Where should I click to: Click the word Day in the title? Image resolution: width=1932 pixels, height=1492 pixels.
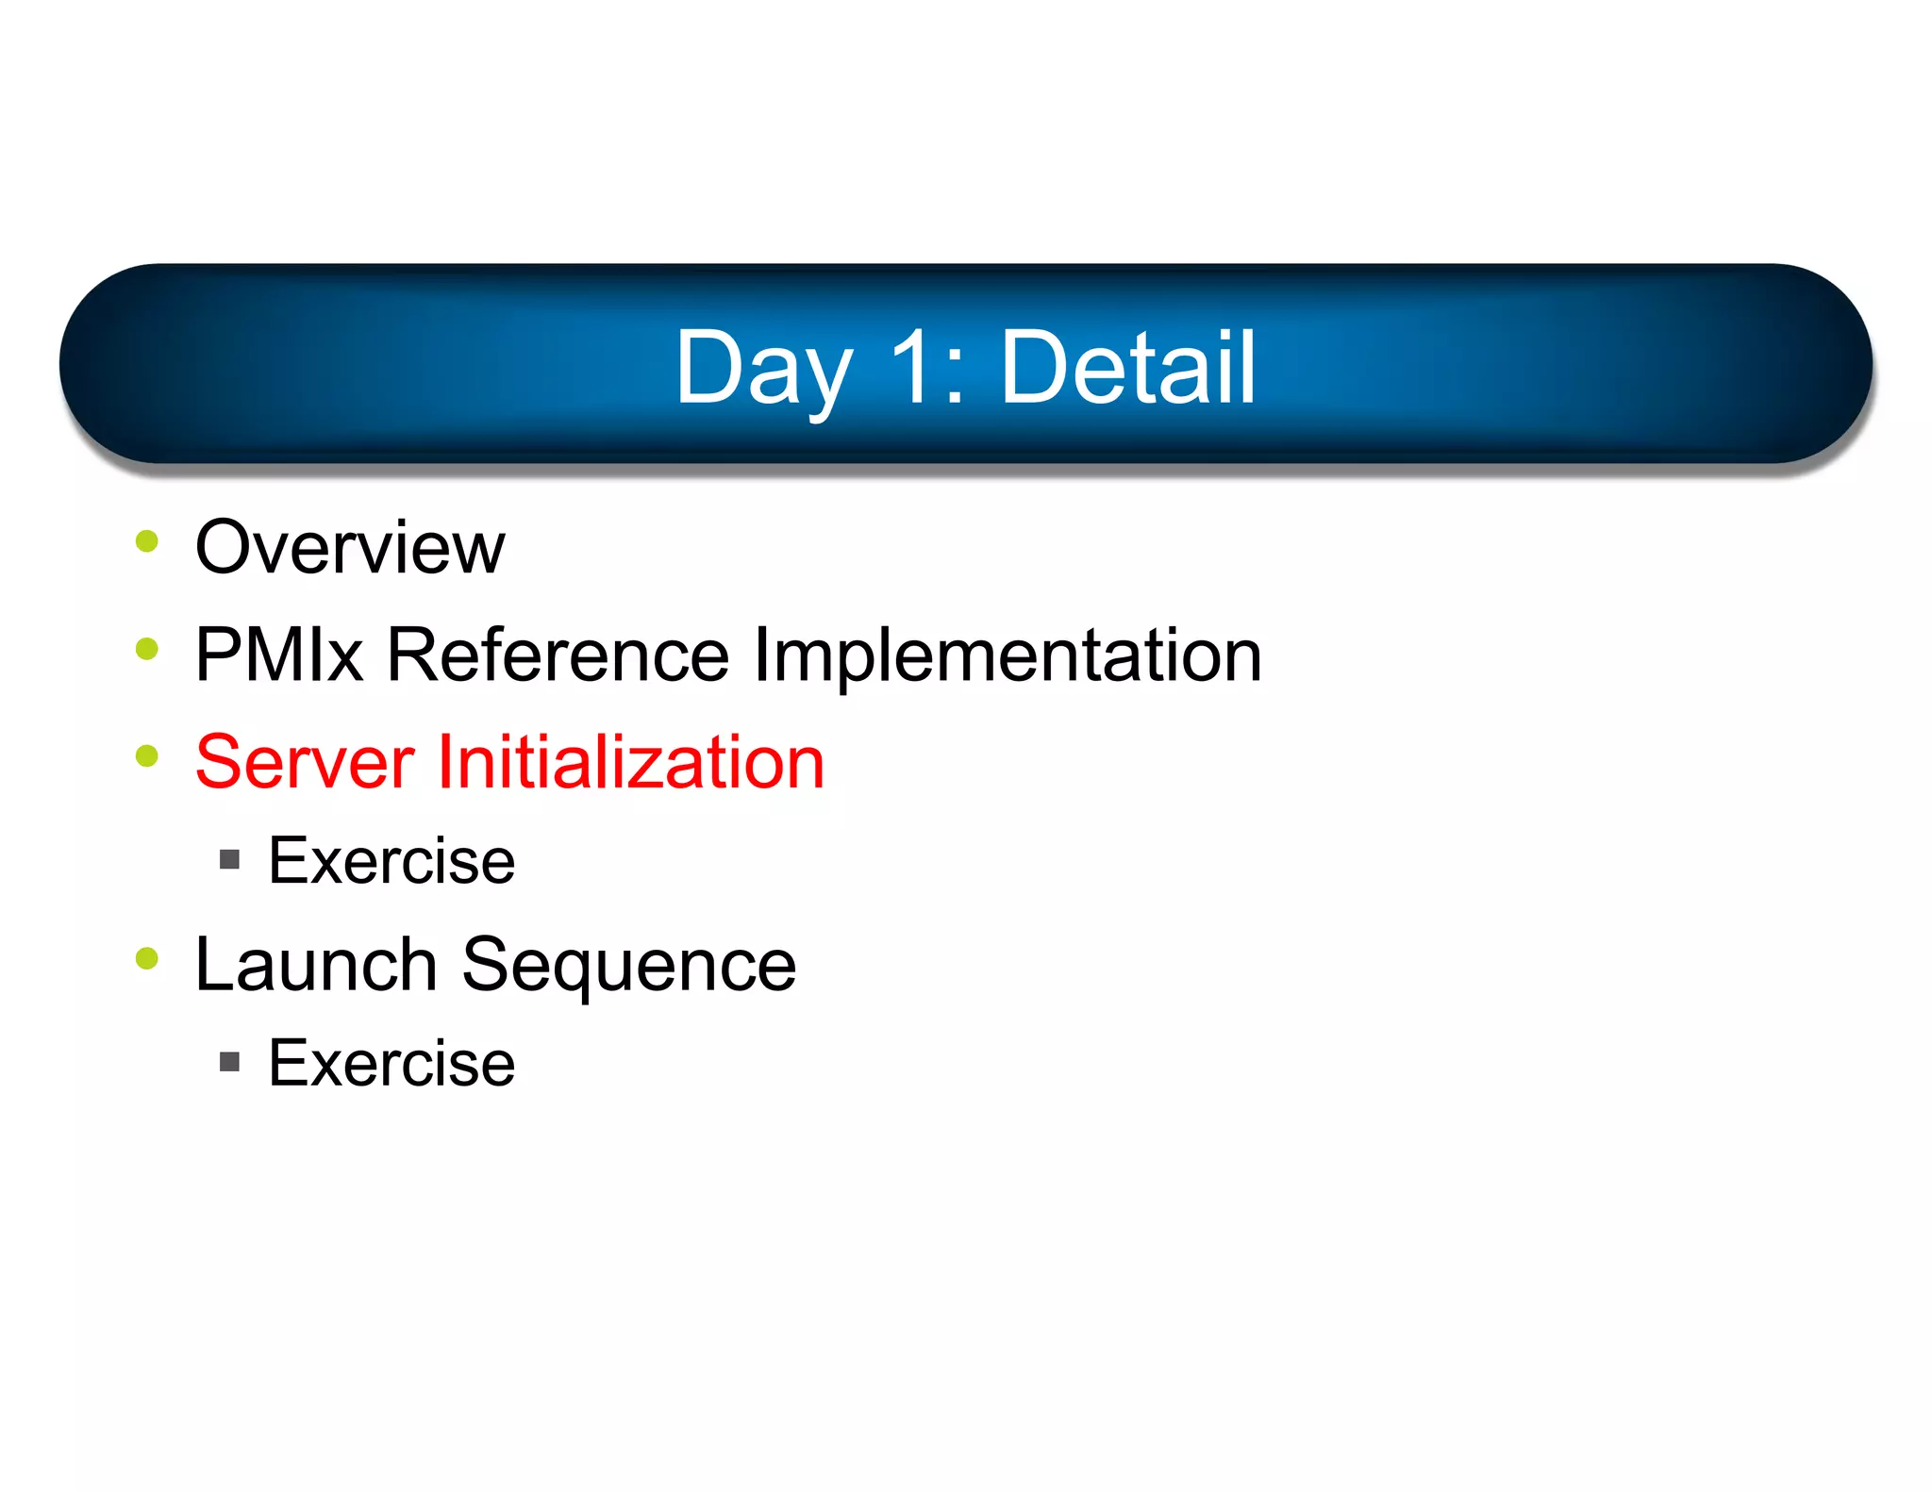click(762, 370)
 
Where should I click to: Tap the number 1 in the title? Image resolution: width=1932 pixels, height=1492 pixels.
click(913, 368)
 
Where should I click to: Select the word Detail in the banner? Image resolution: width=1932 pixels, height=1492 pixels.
click(1127, 368)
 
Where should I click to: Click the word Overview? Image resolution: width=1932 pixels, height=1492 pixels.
click(349, 548)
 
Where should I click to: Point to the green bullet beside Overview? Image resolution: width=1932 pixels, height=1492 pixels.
click(147, 541)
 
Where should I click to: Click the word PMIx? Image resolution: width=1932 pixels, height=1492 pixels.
click(279, 655)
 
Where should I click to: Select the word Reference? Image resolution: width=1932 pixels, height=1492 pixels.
click(558, 655)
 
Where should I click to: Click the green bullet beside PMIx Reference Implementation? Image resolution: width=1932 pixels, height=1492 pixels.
click(147, 649)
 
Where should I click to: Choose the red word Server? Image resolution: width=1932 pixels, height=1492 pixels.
click(304, 763)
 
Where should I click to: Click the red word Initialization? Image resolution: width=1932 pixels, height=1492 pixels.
click(630, 763)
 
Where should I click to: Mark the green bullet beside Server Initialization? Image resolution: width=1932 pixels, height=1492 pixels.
click(147, 756)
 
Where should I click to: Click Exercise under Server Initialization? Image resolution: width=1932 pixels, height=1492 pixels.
click(391, 861)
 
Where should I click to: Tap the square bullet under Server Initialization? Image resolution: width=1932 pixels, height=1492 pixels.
click(229, 859)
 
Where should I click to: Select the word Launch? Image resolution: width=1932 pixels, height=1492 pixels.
click(315, 966)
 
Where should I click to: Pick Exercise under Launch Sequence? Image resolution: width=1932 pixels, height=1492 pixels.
click(391, 1064)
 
